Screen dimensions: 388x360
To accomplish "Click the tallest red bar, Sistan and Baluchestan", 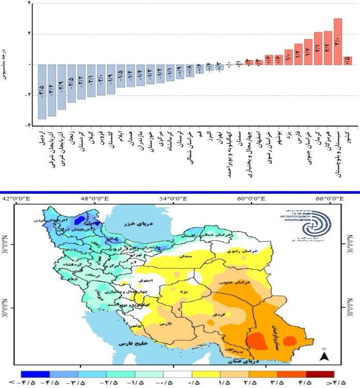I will click(x=338, y=42).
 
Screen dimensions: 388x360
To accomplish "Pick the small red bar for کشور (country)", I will click(x=348, y=60).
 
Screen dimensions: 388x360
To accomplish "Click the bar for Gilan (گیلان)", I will click(x=91, y=81).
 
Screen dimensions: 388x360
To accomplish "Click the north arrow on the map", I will click(x=324, y=355).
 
